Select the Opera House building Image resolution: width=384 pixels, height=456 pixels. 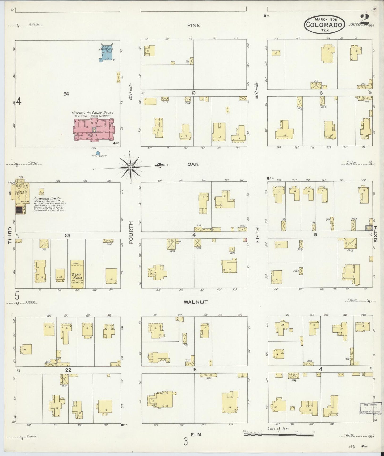coord(77,274)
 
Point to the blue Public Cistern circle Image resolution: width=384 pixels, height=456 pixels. coord(98,153)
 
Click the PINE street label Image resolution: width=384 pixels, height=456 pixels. coord(193,26)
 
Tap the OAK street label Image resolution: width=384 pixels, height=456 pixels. coord(193,164)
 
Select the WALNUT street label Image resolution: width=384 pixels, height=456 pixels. coord(195,302)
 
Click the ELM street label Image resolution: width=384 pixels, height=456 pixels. coord(197,434)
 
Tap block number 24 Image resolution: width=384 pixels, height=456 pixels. coord(66,94)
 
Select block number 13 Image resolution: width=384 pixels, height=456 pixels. coord(193,93)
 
